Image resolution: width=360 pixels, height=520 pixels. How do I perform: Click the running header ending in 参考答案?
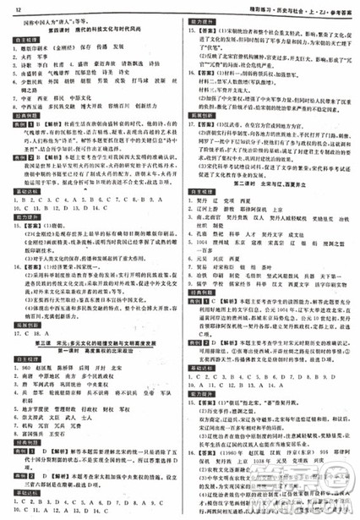(x=306, y=6)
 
